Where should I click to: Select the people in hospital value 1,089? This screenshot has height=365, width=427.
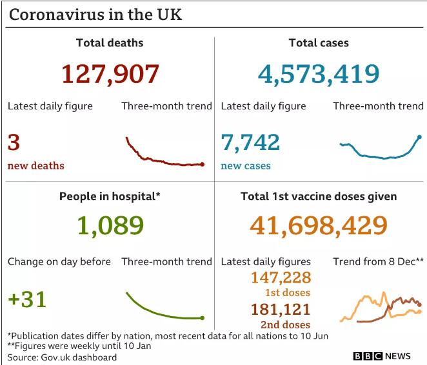[x=110, y=225]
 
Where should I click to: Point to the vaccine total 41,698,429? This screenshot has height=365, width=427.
[x=319, y=225]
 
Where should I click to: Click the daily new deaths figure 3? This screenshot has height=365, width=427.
[x=14, y=142]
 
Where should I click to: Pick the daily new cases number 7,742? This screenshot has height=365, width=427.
[x=250, y=142]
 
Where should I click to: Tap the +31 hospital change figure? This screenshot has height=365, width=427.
[x=27, y=299]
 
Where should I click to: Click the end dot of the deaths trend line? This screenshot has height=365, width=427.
[x=203, y=164]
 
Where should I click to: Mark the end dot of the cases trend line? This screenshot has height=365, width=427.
[x=419, y=136]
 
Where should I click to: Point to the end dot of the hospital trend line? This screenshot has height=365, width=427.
[x=203, y=317]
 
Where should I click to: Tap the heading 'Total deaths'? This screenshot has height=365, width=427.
[x=110, y=43]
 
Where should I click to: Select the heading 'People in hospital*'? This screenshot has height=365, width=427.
[x=110, y=196]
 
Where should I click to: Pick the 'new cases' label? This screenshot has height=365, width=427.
[x=246, y=166]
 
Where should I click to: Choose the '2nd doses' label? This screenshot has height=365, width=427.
[x=284, y=324]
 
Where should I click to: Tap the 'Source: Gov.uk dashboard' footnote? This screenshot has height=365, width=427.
[x=63, y=357]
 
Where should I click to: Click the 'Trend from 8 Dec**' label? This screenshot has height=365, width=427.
[x=378, y=261]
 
